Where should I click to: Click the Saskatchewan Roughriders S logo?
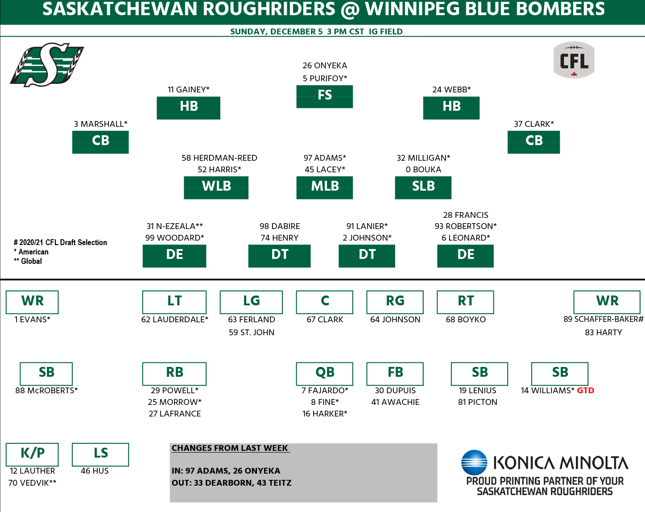pyautogui.click(x=47, y=64)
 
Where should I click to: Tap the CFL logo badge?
pyautogui.click(x=574, y=60)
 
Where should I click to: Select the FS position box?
pyautogui.click(x=324, y=96)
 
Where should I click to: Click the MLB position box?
pyautogui.click(x=324, y=187)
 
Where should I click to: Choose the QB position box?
pyautogui.click(x=324, y=373)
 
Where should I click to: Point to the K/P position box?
pyautogui.click(x=32, y=454)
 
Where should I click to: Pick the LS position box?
pyautogui.click(x=100, y=454)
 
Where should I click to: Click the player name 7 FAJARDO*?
pyautogui.click(x=325, y=391)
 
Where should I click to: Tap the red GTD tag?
pyautogui.click(x=585, y=391)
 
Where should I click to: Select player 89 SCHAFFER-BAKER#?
pyautogui.click(x=603, y=319)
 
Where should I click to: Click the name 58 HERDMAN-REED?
pyautogui.click(x=219, y=158)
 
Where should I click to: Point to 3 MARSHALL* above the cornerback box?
pyautogui.click(x=100, y=124)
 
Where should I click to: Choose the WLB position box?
pyautogui.click(x=216, y=187)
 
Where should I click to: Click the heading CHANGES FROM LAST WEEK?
pyautogui.click(x=230, y=448)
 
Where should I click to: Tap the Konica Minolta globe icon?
pyautogui.click(x=474, y=462)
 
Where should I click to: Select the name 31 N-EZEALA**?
pyautogui.click(x=174, y=226)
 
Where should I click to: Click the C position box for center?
pyautogui.click(x=324, y=302)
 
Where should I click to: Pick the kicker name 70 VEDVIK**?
pyautogui.click(x=32, y=483)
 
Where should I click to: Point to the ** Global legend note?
pyautogui.click(x=28, y=261)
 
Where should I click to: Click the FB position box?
pyautogui.click(x=395, y=373)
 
